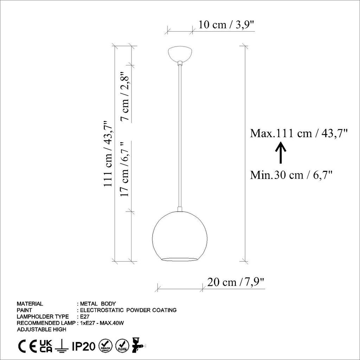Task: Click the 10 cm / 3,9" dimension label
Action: [x=226, y=25]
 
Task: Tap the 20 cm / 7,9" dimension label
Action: [x=236, y=282]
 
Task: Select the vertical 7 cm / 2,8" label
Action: [x=126, y=97]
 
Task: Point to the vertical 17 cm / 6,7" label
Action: [x=126, y=169]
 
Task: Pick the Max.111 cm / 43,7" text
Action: [x=299, y=134]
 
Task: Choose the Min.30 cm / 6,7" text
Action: [x=291, y=175]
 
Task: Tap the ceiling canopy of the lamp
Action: [x=180, y=53]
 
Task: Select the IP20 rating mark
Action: [x=84, y=347]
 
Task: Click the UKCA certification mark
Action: [x=46, y=346]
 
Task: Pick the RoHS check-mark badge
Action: [x=122, y=346]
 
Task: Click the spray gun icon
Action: [x=138, y=346]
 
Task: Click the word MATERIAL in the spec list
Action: [x=30, y=303]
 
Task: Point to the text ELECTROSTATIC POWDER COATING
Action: [x=128, y=310]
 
